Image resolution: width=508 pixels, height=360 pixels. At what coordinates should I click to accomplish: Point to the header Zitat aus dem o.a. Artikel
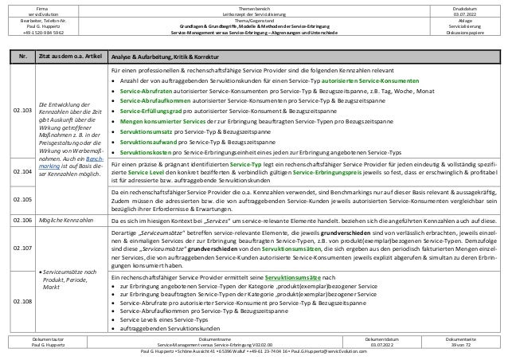pyautogui.click(x=71, y=57)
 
